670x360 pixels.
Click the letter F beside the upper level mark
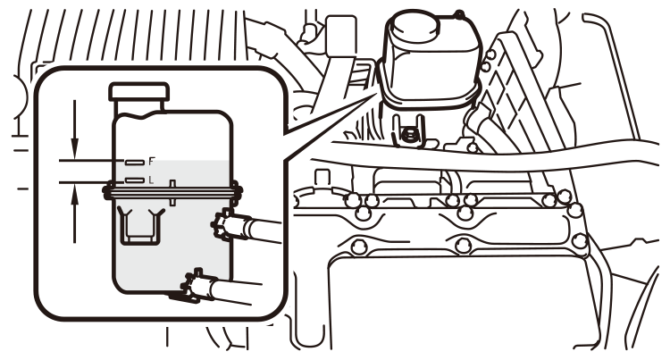pos(152,162)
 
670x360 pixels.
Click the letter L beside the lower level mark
pos(151,180)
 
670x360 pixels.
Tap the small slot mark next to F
pos(135,163)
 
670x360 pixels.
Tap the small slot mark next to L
pos(135,180)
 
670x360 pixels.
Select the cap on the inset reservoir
pos(139,92)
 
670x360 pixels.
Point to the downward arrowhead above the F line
pos(75,147)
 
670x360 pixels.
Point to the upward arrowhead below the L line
pos(75,195)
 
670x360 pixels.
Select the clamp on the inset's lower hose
pos(193,285)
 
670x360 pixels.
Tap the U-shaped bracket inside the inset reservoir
pos(140,227)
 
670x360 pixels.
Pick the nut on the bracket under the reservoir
pos(409,135)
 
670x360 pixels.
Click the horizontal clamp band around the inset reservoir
pos(172,193)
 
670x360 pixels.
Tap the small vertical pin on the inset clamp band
pos(172,193)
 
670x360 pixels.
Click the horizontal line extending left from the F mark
pos(91,161)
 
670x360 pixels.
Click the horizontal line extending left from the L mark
pos(91,182)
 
